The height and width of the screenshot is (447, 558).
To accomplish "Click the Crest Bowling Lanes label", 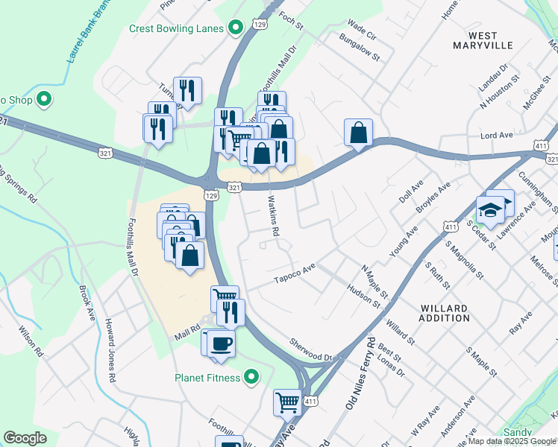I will (177, 28).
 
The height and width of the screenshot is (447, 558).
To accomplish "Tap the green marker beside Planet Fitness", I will (252, 378).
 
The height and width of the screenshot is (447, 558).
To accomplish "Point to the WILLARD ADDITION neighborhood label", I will (445, 313).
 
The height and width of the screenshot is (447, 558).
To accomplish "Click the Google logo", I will (25, 438).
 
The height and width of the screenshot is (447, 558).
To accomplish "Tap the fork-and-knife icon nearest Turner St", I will (187, 91).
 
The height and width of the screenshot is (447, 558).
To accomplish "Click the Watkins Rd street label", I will (274, 216).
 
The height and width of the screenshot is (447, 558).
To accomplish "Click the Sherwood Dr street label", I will (311, 348).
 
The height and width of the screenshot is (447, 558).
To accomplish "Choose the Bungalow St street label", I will (360, 47).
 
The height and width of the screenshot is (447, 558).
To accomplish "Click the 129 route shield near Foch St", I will (260, 25).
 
